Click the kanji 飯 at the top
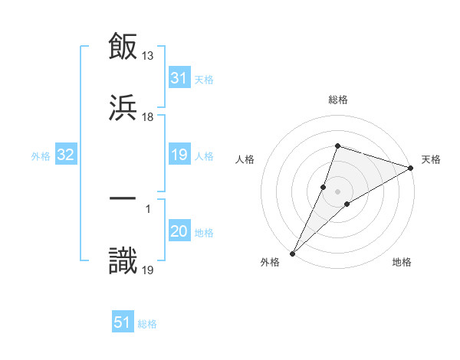point(123,46)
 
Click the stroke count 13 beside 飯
point(148,56)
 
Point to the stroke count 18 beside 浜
point(148,116)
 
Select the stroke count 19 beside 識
point(148,269)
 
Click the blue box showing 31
point(179,78)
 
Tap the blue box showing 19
point(179,155)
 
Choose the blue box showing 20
point(179,231)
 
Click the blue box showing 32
point(66,155)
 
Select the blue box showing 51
point(123,322)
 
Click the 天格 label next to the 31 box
point(204,79)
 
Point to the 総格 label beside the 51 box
point(147,323)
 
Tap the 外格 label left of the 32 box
point(41,155)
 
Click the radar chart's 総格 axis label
point(338,100)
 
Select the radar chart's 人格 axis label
point(245,160)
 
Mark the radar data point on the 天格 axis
point(410,168)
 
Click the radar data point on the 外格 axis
point(293,253)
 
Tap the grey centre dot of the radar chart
point(338,191)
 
